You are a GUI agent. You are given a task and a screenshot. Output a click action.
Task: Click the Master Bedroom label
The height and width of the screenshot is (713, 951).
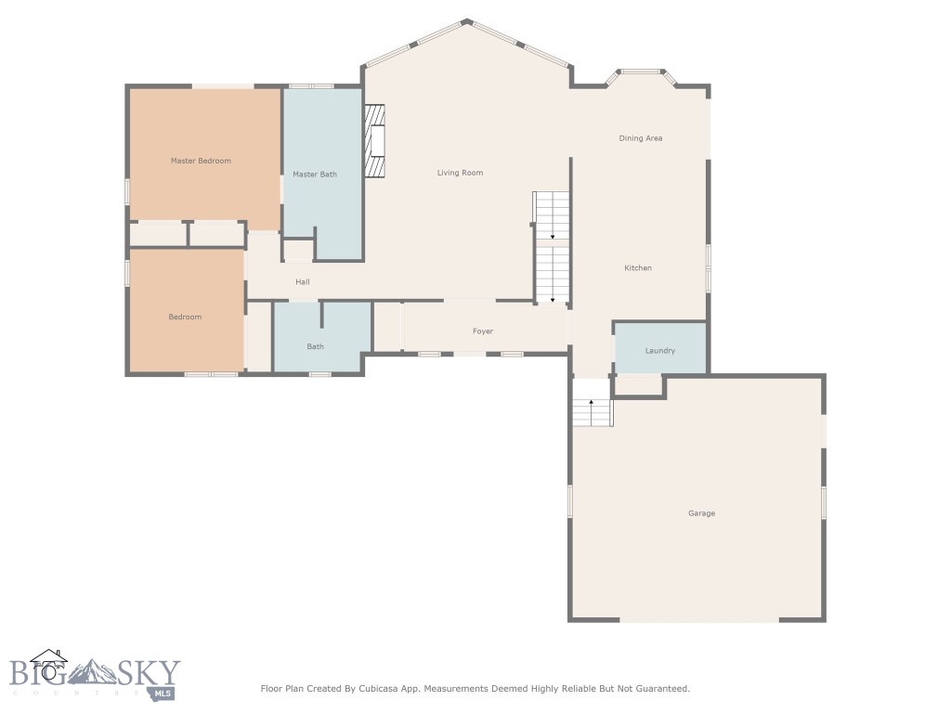pyautogui.click(x=201, y=161)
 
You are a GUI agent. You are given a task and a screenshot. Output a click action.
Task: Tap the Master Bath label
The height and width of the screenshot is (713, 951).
pyautogui.click(x=315, y=175)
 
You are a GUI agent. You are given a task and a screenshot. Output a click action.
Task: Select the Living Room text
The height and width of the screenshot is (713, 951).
pyautogui.click(x=460, y=173)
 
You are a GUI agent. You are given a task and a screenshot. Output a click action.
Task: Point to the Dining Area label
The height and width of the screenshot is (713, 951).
pyautogui.click(x=641, y=138)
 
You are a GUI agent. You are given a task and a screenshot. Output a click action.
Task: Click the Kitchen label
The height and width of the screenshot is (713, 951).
pyautogui.click(x=638, y=268)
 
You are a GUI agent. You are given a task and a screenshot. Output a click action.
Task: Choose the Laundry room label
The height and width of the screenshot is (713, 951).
pyautogui.click(x=660, y=351)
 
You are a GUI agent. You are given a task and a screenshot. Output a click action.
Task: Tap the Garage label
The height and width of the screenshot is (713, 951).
pyautogui.click(x=701, y=513)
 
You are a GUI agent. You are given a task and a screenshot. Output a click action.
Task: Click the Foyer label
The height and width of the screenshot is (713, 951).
pyautogui.click(x=483, y=331)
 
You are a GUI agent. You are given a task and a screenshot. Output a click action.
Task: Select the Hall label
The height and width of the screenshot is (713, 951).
pyautogui.click(x=303, y=282)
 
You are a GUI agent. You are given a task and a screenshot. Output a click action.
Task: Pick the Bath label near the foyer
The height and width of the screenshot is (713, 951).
pyautogui.click(x=316, y=347)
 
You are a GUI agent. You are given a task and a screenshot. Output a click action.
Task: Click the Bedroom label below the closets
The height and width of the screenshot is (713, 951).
pyautogui.click(x=185, y=318)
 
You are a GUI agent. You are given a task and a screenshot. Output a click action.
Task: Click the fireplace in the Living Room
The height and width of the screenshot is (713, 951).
pyautogui.click(x=374, y=140)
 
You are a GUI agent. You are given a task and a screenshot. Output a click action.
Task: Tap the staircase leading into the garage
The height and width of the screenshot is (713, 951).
pyautogui.click(x=592, y=410)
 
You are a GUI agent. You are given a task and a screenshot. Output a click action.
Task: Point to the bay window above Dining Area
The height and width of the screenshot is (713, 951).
pyautogui.click(x=641, y=71)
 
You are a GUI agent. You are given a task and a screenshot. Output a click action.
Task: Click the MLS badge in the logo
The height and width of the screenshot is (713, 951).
pyautogui.click(x=163, y=693)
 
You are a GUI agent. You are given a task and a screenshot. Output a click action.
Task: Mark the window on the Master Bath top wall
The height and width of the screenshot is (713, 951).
pyautogui.click(x=311, y=86)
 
